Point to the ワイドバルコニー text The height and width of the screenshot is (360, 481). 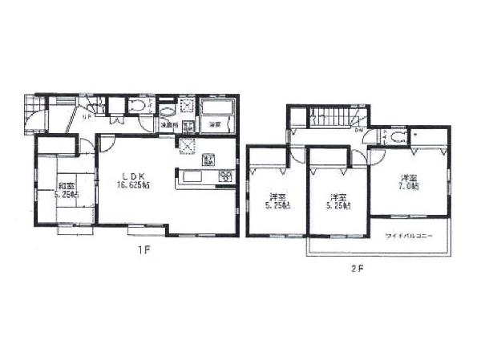[x=410, y=236]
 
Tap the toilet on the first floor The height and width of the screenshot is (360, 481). [x=136, y=106]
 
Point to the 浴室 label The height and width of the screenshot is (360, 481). [x=215, y=125]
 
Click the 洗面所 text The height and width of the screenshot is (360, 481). [x=167, y=125]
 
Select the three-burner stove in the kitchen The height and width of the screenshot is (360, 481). [x=225, y=176]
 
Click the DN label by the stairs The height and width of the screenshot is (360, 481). [x=358, y=131]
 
